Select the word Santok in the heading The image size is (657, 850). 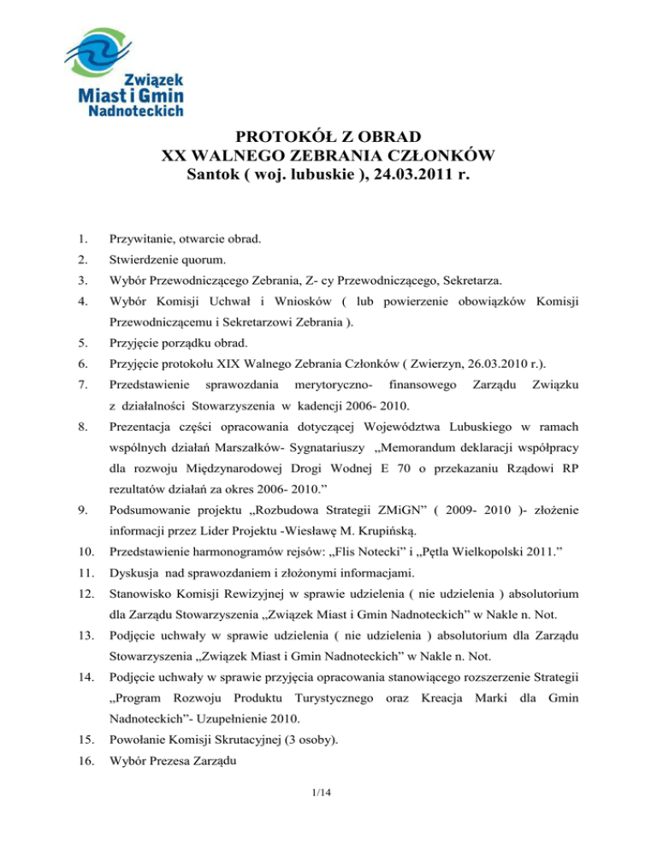(x=215, y=177)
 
